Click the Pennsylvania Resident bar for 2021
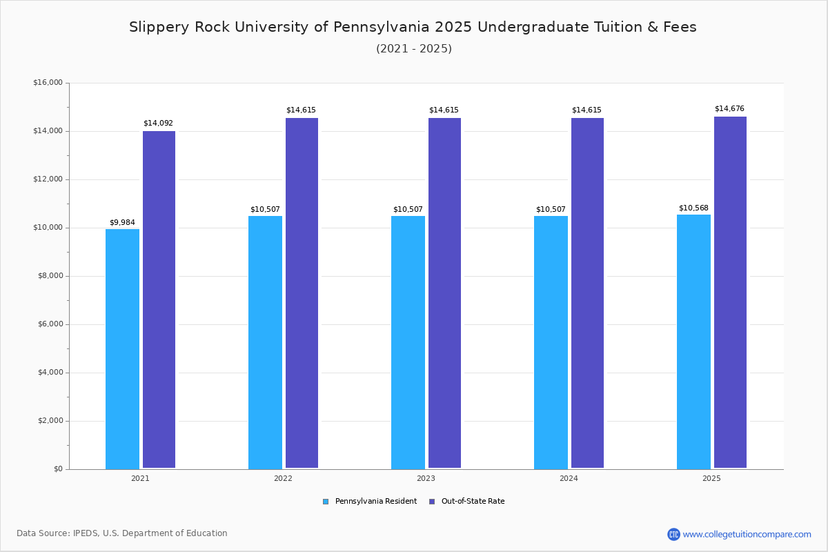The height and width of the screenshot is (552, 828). pyautogui.click(x=122, y=348)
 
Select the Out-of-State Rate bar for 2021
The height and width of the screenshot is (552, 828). pyautogui.click(x=159, y=299)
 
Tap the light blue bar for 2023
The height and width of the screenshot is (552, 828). pyautogui.click(x=408, y=342)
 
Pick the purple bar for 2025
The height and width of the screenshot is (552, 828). pyautogui.click(x=730, y=293)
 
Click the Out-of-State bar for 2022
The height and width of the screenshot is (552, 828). pyautogui.click(x=302, y=293)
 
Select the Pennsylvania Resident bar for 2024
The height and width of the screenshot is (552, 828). pyautogui.click(x=551, y=342)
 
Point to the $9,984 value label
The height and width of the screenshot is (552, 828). pyautogui.click(x=122, y=222)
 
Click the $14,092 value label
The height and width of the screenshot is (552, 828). pyautogui.click(x=158, y=123)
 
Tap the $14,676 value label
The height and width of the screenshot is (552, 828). pyautogui.click(x=729, y=108)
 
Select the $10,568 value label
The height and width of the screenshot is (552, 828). pyautogui.click(x=693, y=208)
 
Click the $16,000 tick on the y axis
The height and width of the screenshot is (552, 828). pyautogui.click(x=48, y=83)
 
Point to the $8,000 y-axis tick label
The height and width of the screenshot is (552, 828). pyautogui.click(x=50, y=276)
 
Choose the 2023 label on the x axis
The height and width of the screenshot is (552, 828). pyautogui.click(x=426, y=478)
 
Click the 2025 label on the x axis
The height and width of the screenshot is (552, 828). pyautogui.click(x=711, y=478)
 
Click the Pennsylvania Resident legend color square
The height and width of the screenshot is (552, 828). pyautogui.click(x=326, y=502)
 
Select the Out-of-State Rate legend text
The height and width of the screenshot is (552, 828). pyautogui.click(x=473, y=502)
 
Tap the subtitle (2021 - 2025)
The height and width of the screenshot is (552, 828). pyautogui.click(x=414, y=48)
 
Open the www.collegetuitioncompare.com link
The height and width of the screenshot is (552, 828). pyautogui.click(x=747, y=534)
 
